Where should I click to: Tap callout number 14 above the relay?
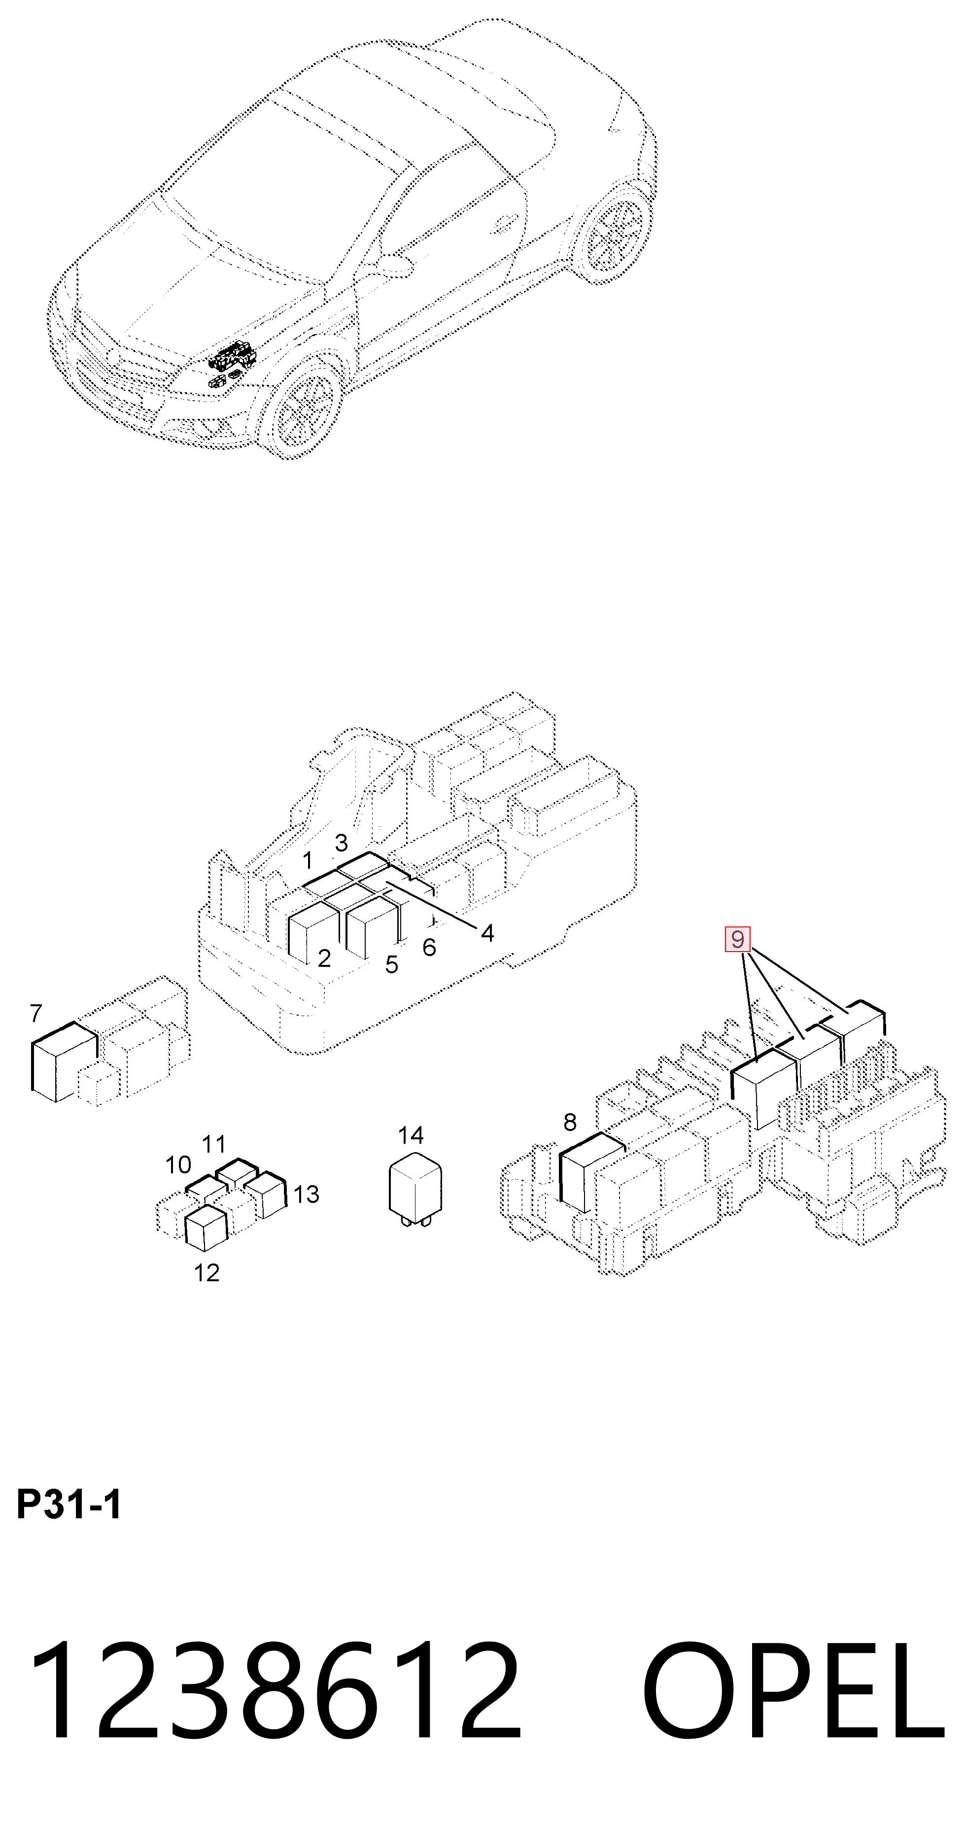tap(411, 1135)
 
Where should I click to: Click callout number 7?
tap(36, 1014)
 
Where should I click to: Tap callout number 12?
tap(207, 1273)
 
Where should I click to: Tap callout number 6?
tap(429, 948)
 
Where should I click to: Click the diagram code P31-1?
tap(69, 1505)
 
